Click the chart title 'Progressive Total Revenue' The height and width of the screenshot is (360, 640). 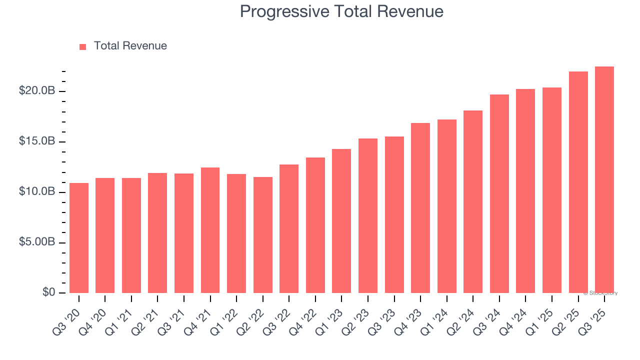(341, 11)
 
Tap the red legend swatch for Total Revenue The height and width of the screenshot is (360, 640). (83, 46)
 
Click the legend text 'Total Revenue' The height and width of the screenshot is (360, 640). (130, 46)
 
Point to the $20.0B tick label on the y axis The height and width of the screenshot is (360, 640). (37, 91)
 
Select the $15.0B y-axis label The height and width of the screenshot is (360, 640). (37, 141)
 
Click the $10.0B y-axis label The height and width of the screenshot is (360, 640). (37, 192)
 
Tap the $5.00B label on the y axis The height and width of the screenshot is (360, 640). (37, 242)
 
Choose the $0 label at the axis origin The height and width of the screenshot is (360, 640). (48, 292)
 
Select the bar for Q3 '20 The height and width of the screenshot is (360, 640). (79, 238)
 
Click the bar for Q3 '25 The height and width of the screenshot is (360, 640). (604, 180)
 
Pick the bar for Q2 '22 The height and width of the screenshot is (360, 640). (263, 235)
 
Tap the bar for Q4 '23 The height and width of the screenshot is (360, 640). (420, 208)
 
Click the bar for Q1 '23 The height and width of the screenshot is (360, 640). (341, 221)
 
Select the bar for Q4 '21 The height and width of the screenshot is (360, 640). (210, 230)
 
